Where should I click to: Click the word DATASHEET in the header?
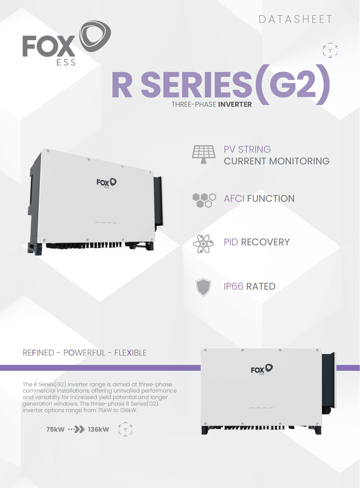[x=295, y=19]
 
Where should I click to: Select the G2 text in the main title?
[x=294, y=85]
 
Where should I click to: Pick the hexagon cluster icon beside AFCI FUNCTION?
[x=203, y=199]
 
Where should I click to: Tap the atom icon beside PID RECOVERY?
[x=203, y=242]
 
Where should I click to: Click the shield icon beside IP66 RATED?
[x=203, y=287]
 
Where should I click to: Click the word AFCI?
[x=234, y=199]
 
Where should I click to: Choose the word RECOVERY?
[x=265, y=242]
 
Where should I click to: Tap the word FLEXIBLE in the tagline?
[x=130, y=353]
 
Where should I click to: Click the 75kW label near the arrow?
[x=55, y=430]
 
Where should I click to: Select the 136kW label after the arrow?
[x=98, y=430]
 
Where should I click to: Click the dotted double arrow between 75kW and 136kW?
[x=76, y=430]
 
